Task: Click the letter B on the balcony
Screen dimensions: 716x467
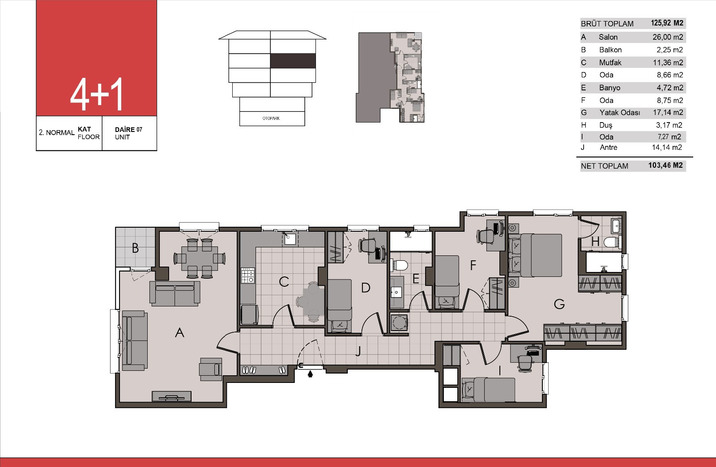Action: point(135,248)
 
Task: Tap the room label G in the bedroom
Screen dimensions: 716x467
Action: point(559,304)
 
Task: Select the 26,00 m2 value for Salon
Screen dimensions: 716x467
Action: point(668,37)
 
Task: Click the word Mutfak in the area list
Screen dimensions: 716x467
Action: point(610,63)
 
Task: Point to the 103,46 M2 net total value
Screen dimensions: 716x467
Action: point(665,166)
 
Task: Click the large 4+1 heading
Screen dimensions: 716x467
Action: point(96,94)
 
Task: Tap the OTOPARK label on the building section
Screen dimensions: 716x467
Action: point(271,118)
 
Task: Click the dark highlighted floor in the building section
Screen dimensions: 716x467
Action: point(293,61)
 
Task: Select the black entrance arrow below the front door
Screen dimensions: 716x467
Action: point(310,374)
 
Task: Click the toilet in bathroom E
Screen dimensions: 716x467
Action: point(400,265)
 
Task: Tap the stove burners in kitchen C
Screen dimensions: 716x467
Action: point(248,276)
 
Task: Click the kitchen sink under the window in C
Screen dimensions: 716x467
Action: point(290,238)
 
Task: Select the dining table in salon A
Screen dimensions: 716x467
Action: point(200,259)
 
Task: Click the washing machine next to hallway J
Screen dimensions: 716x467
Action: point(399,323)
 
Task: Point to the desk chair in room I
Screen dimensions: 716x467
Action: point(524,364)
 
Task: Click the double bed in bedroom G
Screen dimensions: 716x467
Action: point(535,255)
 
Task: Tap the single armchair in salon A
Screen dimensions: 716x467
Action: point(211,369)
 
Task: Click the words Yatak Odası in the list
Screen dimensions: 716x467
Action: point(620,113)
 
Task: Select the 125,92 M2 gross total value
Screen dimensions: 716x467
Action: point(667,23)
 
